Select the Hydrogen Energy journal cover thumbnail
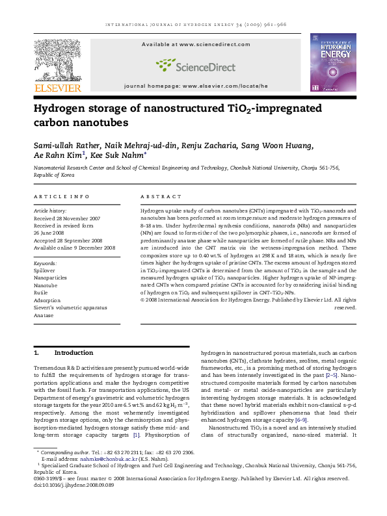[x=332, y=62]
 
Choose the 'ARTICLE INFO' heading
[x=61, y=196]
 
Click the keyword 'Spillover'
[x=44, y=269]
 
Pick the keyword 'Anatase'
[x=43, y=315]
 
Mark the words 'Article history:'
[x=49, y=211]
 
